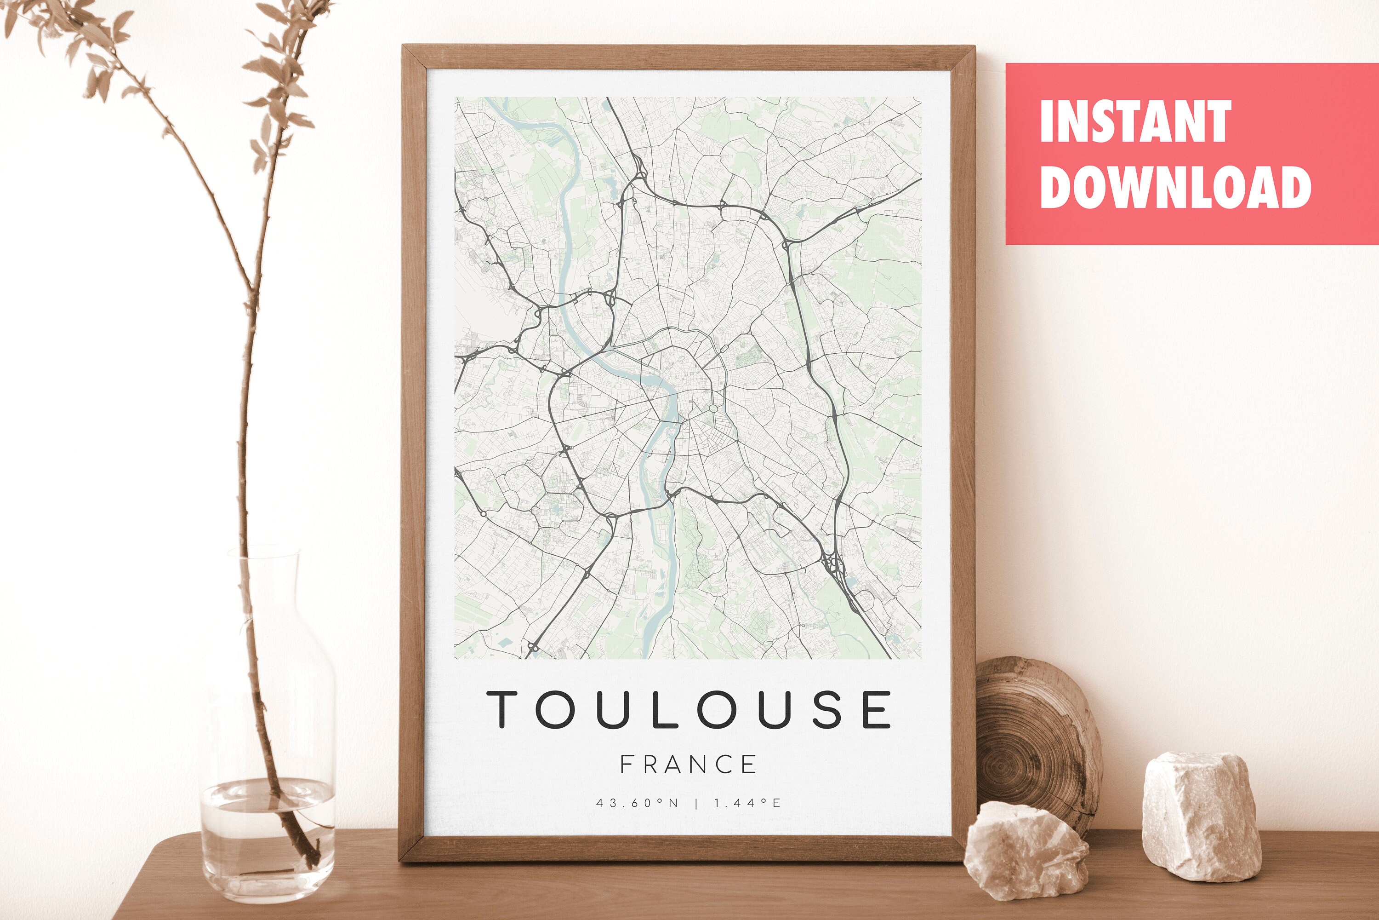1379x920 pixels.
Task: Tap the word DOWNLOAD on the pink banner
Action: click(1175, 187)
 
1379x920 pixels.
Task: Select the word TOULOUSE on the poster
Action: click(689, 709)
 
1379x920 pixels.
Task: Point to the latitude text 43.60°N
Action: click(637, 803)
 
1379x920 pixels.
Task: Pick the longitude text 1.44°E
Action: click(747, 803)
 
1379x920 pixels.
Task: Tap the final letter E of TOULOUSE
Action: click(877, 709)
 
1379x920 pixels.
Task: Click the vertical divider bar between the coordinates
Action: click(696, 803)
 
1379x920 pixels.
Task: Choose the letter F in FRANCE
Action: click(626, 765)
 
